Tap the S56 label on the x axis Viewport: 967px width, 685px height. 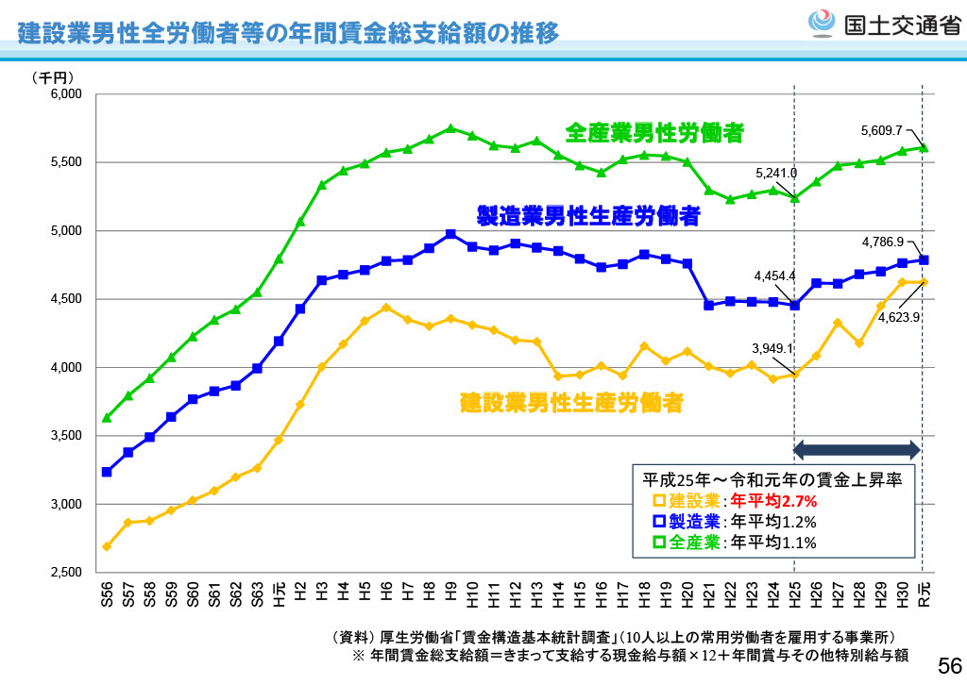click(x=107, y=595)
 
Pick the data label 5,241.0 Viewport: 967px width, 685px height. click(x=776, y=174)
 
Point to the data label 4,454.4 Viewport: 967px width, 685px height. click(x=775, y=276)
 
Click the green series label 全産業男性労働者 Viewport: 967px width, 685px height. click(x=653, y=133)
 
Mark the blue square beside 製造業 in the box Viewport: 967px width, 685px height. click(x=659, y=522)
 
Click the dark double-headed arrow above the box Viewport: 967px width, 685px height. click(x=857, y=449)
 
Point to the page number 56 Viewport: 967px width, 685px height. click(x=947, y=663)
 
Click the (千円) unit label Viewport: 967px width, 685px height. click(x=53, y=77)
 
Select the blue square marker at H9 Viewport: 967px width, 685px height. click(x=450, y=234)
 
